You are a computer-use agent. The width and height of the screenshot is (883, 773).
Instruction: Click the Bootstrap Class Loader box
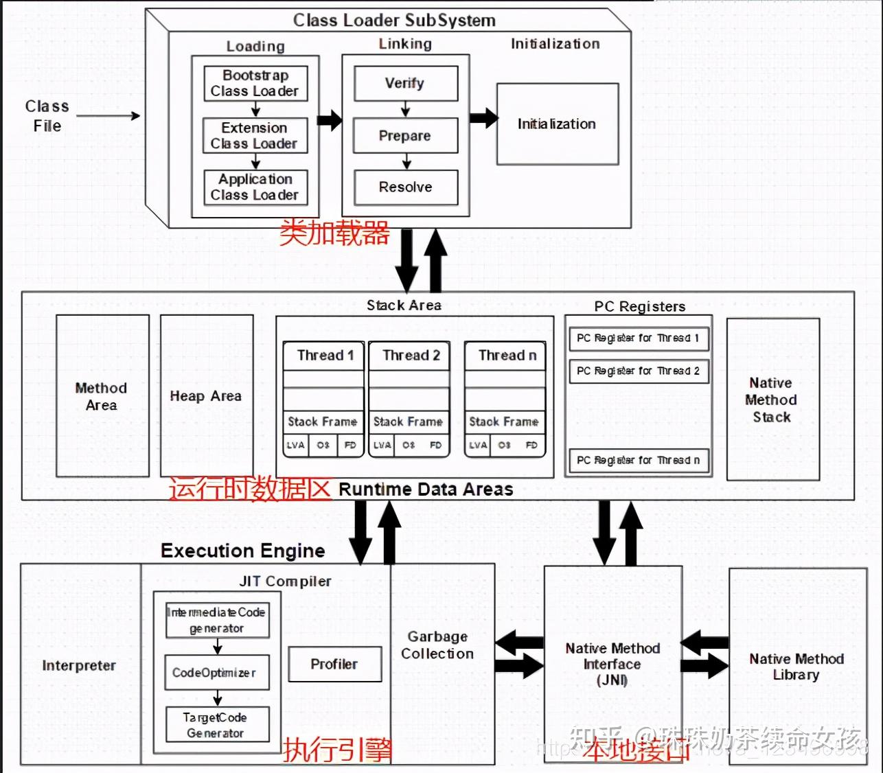[255, 83]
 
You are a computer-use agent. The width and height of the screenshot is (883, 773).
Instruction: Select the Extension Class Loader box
[255, 135]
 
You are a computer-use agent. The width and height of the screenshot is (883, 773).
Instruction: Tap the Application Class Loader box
[255, 187]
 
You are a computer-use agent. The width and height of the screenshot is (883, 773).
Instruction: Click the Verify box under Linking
[405, 83]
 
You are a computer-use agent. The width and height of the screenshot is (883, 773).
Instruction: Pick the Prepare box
[405, 135]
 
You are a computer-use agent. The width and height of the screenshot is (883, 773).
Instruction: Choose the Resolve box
[405, 187]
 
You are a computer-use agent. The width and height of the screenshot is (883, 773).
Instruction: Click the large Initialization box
[557, 124]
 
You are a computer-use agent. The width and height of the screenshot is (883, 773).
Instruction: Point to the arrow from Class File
[108, 116]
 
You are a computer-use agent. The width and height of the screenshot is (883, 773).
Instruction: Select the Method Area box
[102, 396]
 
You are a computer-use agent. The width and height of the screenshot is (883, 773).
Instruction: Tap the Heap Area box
[206, 396]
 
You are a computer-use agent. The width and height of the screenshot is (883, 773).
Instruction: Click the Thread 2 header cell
[410, 356]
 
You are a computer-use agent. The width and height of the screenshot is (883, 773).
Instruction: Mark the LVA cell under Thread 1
[295, 445]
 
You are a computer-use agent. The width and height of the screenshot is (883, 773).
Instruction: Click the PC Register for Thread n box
[638, 460]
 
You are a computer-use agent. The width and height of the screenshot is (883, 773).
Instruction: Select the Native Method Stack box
[772, 400]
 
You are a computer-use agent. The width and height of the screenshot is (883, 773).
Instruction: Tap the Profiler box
[334, 664]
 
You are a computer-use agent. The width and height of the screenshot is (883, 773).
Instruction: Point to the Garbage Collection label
[437, 645]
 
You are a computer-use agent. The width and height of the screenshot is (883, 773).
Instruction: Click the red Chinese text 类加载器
[334, 233]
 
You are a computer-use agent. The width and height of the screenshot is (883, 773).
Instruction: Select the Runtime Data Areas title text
[426, 489]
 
